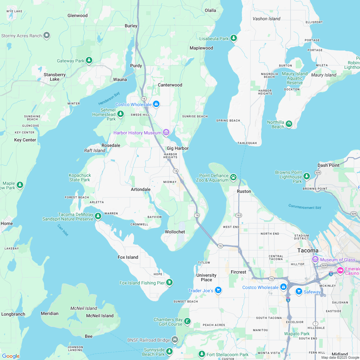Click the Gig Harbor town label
tap(177, 148)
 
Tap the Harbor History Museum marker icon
tap(166, 133)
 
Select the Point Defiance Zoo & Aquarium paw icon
tap(233, 177)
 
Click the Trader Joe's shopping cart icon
tap(218, 290)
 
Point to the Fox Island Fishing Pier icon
tap(169, 283)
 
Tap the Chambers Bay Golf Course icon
tap(187, 321)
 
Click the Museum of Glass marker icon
tap(315, 259)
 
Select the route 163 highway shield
tap(239, 215)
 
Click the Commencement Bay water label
tap(305, 207)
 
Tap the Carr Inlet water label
tap(63, 230)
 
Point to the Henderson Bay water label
tap(109, 98)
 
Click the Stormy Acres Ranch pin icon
tap(47, 35)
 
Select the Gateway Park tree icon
tap(89, 60)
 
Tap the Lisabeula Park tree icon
tap(234, 39)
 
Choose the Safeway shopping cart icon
tap(299, 292)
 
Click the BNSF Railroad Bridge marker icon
tap(175, 339)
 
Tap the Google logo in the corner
tap(11, 356)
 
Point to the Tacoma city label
tap(308, 250)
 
